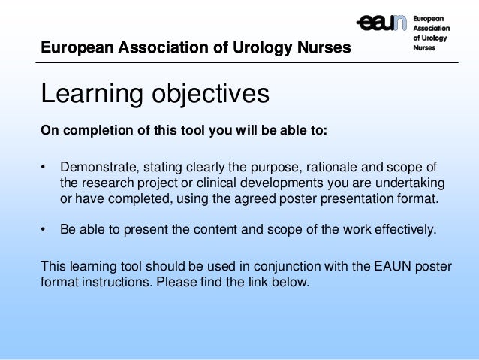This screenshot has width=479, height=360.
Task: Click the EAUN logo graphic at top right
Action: pyautogui.click(x=383, y=23)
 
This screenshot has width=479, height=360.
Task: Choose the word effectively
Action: pyautogui.click(x=405, y=230)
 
